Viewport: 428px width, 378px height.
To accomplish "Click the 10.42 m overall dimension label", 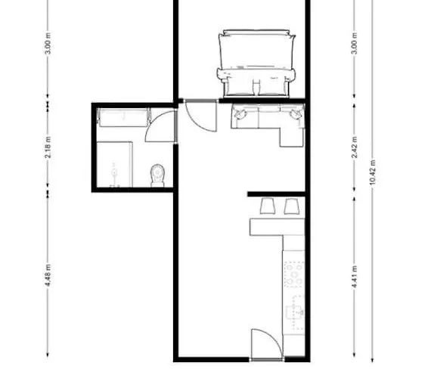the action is pyautogui.click(x=373, y=172).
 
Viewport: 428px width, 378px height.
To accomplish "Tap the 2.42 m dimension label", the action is pyautogui.click(x=355, y=147).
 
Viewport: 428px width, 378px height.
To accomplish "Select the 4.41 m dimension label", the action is pyautogui.click(x=355, y=277).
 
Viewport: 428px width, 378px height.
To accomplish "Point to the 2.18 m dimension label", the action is pyautogui.click(x=48, y=147).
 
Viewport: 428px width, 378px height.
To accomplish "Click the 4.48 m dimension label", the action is pyautogui.click(x=48, y=275).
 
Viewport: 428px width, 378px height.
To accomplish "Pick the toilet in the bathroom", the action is pyautogui.click(x=157, y=175).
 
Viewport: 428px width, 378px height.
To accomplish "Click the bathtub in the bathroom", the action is pyautogui.click(x=124, y=117).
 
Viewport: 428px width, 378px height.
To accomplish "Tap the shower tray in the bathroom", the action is pyautogui.click(x=115, y=164).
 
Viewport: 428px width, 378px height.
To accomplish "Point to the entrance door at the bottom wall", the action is pyautogui.click(x=267, y=345).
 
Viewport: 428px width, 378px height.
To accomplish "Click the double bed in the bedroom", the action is pyautogui.click(x=256, y=64).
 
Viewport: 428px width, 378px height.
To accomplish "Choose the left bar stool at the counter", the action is pyautogui.click(x=268, y=206).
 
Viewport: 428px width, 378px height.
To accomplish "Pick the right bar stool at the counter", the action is pyautogui.click(x=292, y=206).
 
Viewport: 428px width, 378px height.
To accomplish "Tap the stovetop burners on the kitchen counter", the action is pyautogui.click(x=294, y=274).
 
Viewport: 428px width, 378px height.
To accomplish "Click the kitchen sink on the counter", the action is pyautogui.click(x=294, y=312).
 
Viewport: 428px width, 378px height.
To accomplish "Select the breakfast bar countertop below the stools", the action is pyautogui.click(x=277, y=227).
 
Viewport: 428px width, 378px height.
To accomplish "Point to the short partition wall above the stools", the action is pyautogui.click(x=276, y=194).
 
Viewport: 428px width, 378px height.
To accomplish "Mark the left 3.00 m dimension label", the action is pyautogui.click(x=48, y=43).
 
